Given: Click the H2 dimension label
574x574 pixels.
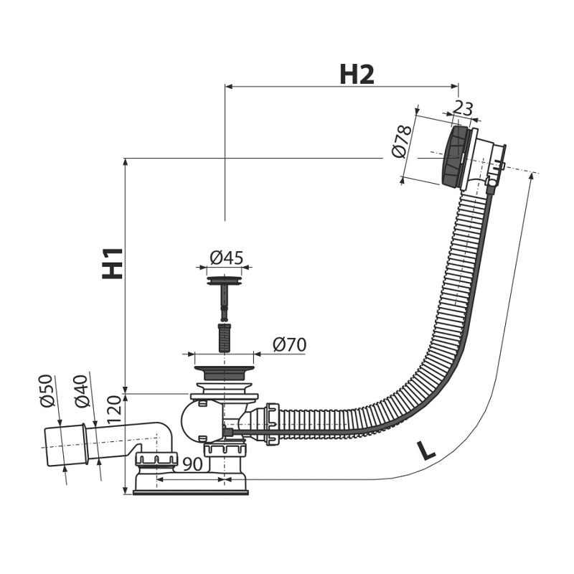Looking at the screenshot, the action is (357, 75).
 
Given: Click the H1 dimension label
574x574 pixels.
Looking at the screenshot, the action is (113, 263).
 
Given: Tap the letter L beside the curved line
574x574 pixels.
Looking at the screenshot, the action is (426, 451).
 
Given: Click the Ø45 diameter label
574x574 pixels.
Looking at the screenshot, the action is (227, 258).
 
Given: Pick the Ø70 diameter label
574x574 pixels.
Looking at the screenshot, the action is (290, 344).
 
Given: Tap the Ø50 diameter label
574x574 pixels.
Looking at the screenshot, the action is (47, 390).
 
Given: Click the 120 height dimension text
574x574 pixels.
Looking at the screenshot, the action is (114, 410).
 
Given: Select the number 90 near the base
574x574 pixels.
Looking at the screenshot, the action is (192, 464).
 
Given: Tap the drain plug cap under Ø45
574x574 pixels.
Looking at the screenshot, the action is (224, 281).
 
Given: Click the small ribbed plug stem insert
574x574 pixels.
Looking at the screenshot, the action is (224, 337).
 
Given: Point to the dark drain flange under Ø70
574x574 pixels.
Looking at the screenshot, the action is (224, 372).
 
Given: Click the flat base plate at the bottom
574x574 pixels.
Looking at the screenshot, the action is (190, 493).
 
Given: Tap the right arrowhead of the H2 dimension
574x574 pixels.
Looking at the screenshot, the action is (454, 87).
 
